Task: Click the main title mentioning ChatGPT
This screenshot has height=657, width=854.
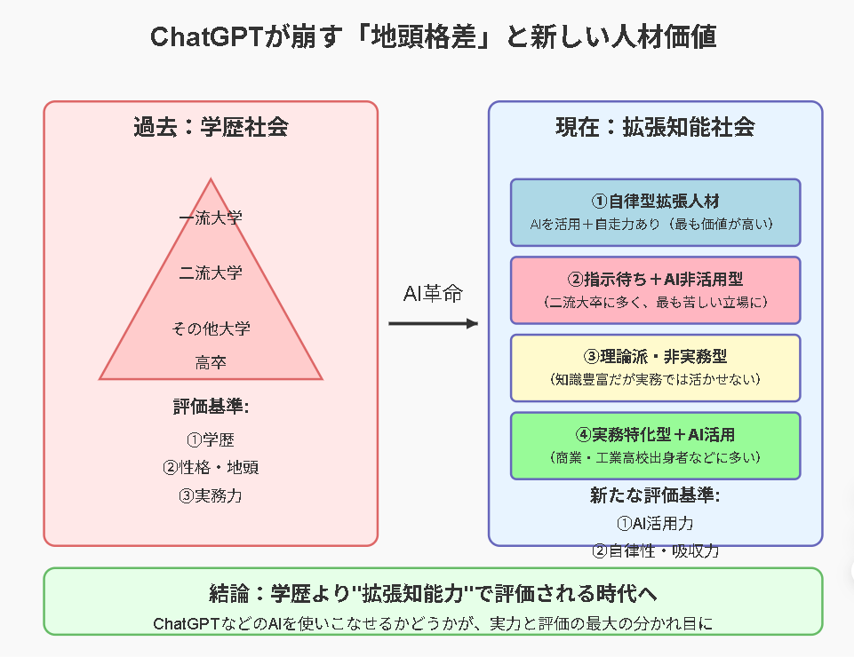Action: click(x=433, y=37)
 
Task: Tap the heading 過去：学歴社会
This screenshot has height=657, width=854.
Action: click(x=211, y=127)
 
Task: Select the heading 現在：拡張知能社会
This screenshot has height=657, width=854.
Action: click(x=655, y=127)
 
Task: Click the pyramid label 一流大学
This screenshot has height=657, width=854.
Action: click(x=211, y=218)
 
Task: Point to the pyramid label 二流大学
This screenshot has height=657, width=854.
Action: click(x=211, y=273)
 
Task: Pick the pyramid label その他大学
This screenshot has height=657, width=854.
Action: click(x=211, y=328)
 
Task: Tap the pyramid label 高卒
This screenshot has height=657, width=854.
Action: click(x=211, y=362)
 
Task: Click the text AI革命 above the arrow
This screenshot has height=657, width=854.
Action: click(x=433, y=293)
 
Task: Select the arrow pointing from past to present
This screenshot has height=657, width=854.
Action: click(x=433, y=324)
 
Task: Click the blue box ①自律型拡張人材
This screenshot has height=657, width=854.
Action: click(x=655, y=212)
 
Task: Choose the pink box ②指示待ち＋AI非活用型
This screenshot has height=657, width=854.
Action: click(x=655, y=290)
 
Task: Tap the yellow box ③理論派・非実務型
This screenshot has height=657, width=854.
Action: click(x=655, y=368)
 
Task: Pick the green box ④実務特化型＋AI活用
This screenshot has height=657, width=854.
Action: click(x=655, y=446)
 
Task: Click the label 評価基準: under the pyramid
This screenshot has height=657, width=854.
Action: click(x=211, y=407)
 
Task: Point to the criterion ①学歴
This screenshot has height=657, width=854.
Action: click(x=211, y=439)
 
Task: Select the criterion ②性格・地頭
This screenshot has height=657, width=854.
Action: click(x=211, y=468)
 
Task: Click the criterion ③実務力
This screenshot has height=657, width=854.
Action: click(x=211, y=496)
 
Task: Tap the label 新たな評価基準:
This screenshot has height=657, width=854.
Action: click(x=655, y=495)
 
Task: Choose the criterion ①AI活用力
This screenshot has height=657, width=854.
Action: click(x=655, y=524)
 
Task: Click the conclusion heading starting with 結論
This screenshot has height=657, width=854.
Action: click(x=433, y=593)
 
